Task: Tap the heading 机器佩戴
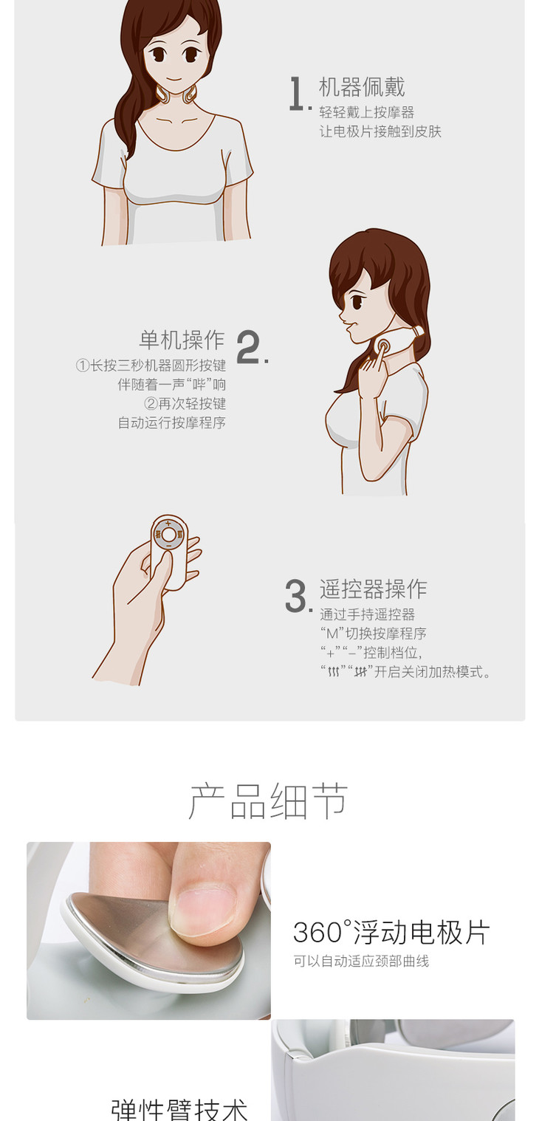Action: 361,86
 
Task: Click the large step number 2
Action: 251,347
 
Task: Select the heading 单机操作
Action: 182,340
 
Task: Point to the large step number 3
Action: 298,595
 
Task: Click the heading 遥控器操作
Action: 373,589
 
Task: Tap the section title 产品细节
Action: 268,802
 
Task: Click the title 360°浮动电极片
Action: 391,932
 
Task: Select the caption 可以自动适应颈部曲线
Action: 361,961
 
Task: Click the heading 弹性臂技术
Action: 179,1109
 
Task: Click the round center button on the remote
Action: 168,535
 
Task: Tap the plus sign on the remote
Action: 168,524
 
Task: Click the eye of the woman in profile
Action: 357,302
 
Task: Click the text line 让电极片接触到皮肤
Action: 380,131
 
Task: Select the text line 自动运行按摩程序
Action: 171,423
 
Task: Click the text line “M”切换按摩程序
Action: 373,634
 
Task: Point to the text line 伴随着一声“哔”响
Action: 171,384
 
